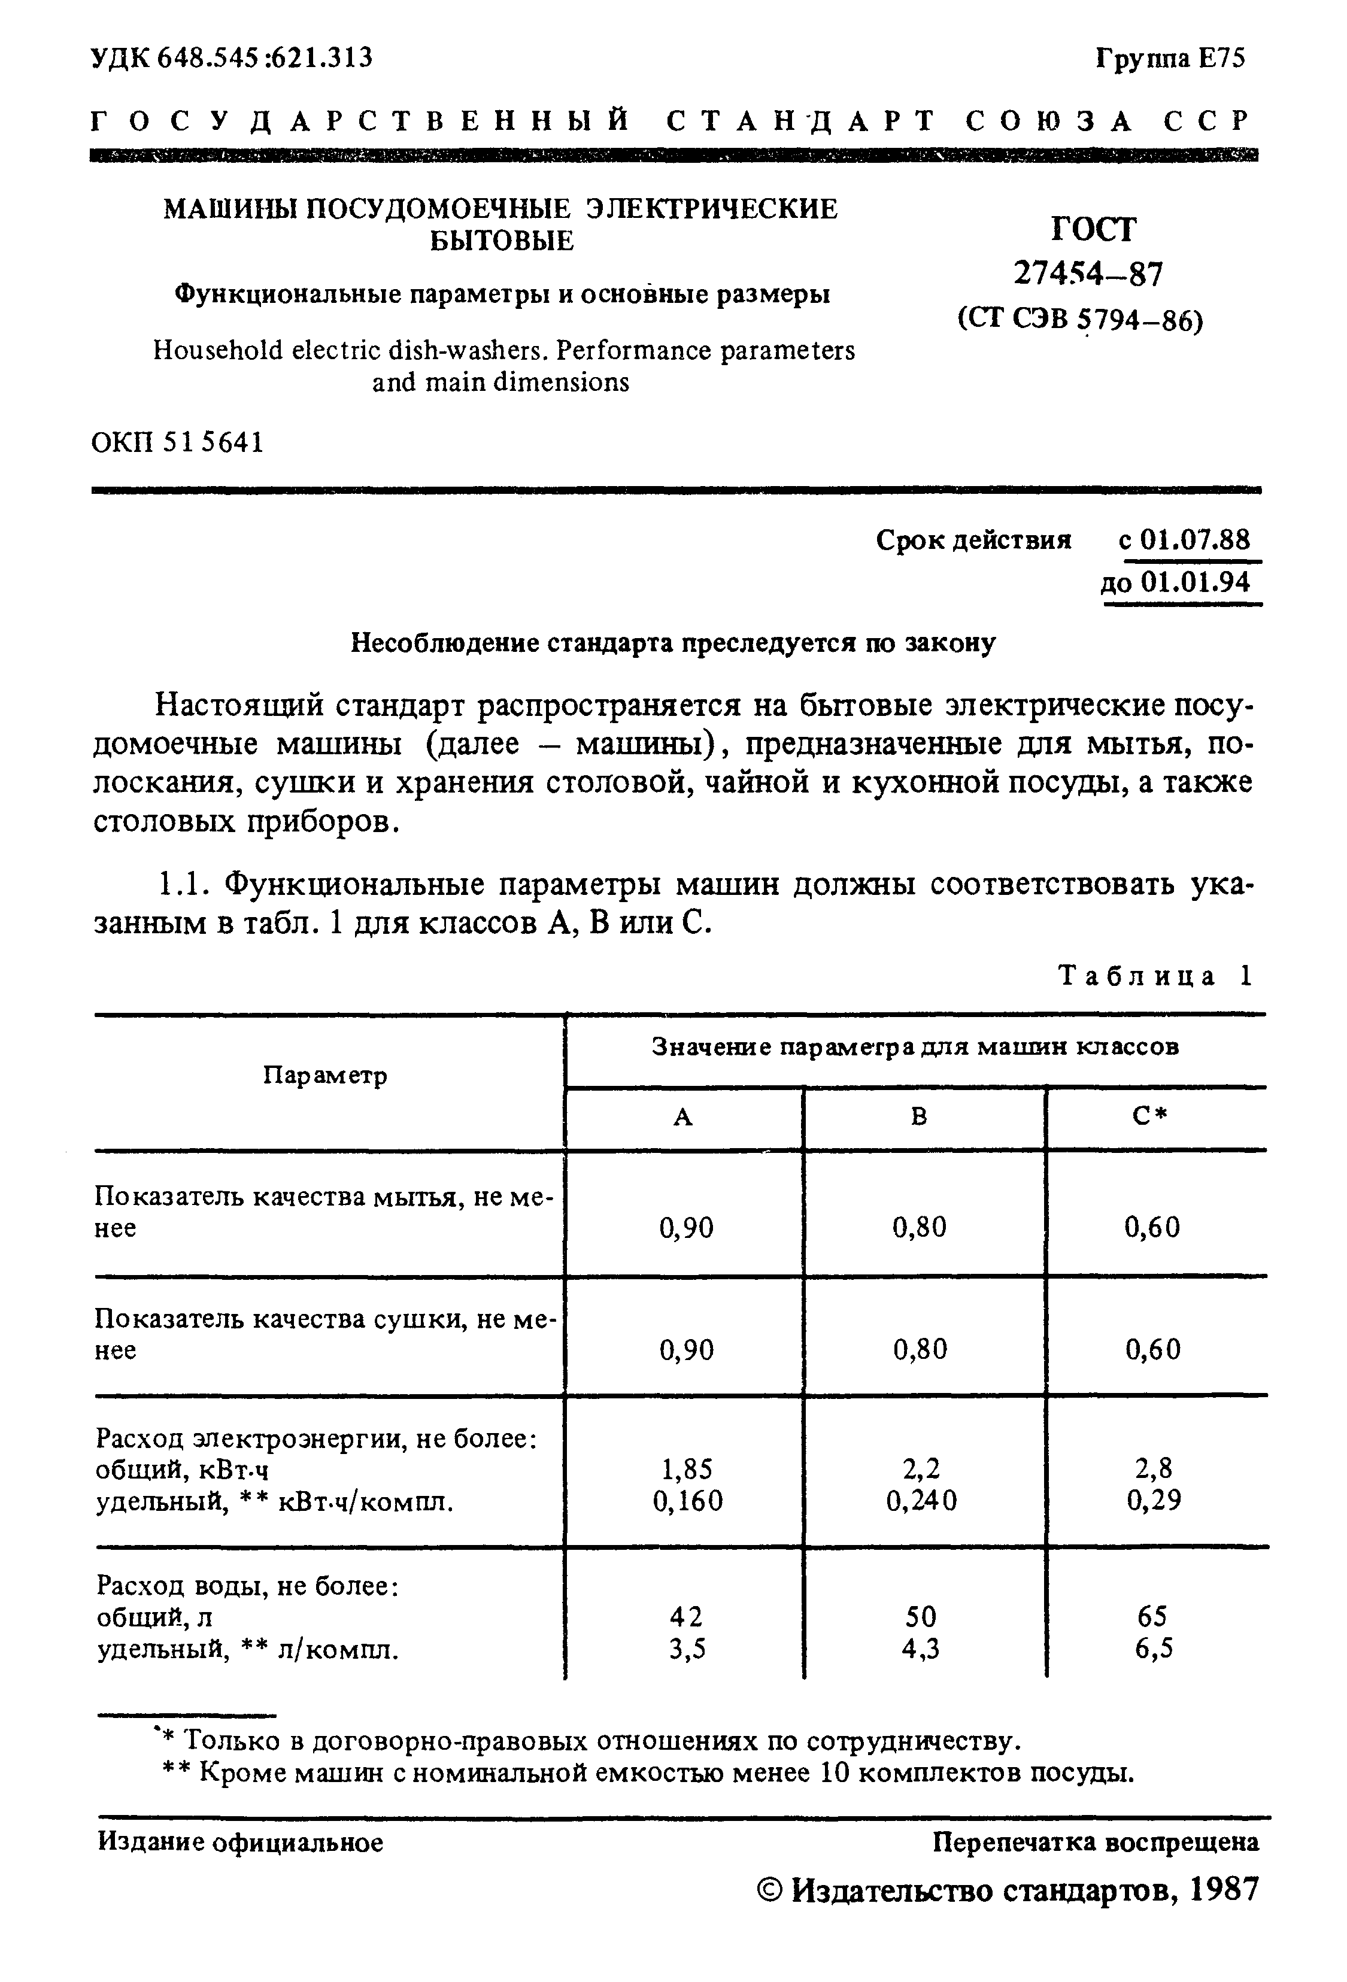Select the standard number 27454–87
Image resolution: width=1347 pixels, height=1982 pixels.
tap(1088, 274)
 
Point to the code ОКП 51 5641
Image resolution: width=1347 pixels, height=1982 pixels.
tap(177, 442)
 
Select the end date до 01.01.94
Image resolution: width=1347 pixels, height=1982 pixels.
tap(1176, 582)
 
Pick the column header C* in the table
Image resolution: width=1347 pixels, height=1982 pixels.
tap(1150, 1117)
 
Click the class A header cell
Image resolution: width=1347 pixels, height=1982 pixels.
tap(683, 1117)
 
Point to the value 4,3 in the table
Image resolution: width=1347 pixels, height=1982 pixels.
tap(921, 1649)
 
